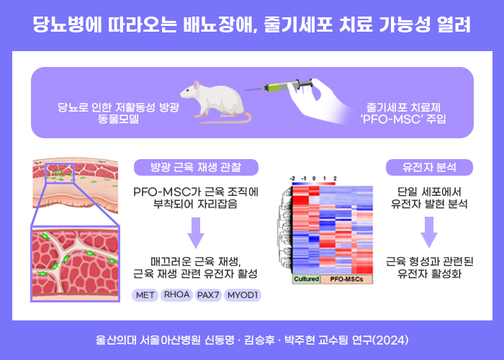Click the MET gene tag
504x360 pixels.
[145, 295]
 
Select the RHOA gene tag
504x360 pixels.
[176, 294]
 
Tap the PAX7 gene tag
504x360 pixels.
[208, 295]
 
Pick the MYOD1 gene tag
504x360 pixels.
[243, 295]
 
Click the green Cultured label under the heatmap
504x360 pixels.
[306, 279]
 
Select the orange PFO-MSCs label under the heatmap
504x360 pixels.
[346, 279]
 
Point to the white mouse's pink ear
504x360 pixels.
[196, 86]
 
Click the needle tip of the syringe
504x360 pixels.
[246, 90]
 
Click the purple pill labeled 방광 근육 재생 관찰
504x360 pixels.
[196, 167]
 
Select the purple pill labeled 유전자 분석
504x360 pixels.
[429, 167]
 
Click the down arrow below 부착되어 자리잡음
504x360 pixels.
[196, 233]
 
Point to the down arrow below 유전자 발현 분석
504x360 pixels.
[429, 232]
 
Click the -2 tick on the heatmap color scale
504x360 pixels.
[292, 179]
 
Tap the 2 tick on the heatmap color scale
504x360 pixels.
[335, 179]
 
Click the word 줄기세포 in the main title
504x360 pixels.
[298, 24]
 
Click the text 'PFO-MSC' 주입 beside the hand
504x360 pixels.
[403, 120]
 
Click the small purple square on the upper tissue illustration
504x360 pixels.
[60, 173]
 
